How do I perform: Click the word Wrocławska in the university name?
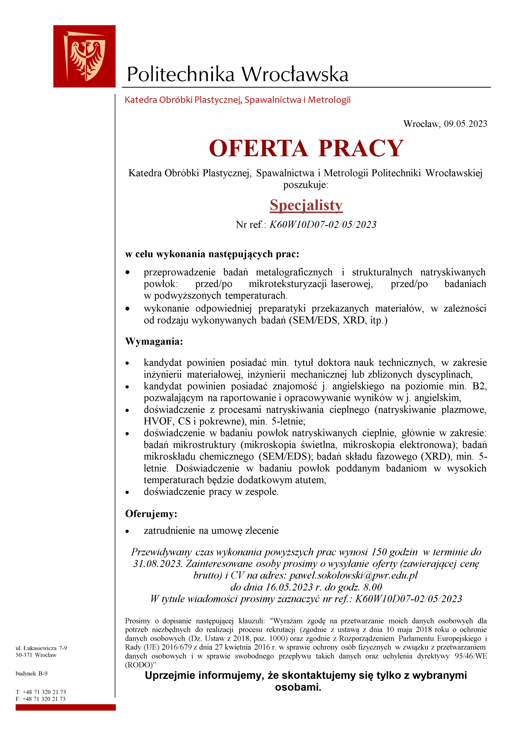click(x=295, y=74)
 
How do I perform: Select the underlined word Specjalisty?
click(x=306, y=205)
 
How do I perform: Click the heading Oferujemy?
click(x=151, y=513)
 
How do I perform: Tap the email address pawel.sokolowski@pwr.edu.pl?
click(x=353, y=575)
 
